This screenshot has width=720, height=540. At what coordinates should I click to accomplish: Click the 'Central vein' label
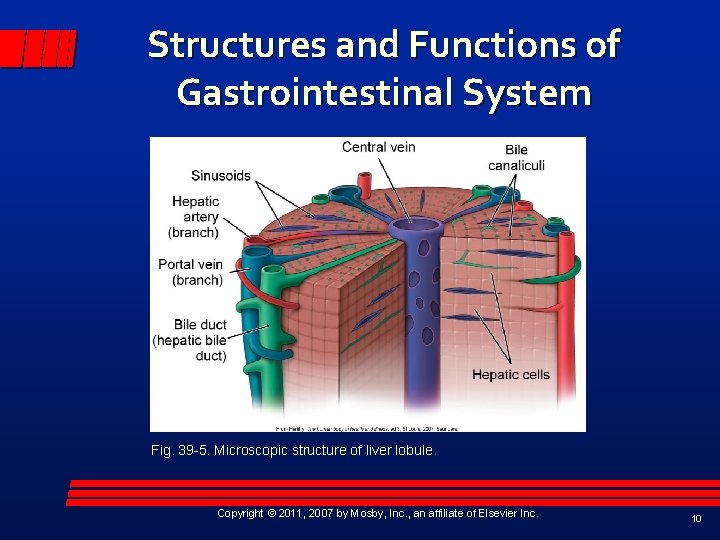pos(378,147)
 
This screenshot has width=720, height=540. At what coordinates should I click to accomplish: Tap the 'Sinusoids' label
pos(221,175)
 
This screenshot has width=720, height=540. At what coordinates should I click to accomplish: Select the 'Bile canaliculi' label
pos(516,157)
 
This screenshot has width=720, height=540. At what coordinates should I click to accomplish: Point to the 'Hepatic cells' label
pos(510,375)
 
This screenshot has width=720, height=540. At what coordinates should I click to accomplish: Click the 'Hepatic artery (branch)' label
pos(194,217)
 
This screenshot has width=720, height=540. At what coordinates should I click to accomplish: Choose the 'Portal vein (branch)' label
pos(190,272)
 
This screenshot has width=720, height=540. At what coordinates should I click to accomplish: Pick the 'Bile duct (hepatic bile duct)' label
pos(190,339)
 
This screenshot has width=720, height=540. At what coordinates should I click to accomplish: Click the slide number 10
pos(696,518)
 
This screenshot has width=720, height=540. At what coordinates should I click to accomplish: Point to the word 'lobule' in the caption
pos(414,451)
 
